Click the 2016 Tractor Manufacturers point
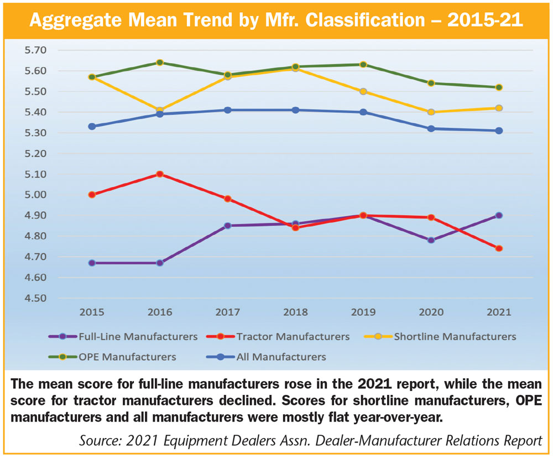(159, 174)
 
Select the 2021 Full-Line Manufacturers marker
(499, 215)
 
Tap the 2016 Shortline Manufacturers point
(159, 110)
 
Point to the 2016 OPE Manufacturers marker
(159, 63)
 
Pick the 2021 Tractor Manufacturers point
(499, 248)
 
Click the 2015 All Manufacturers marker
(91, 126)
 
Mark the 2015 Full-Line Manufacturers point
(91, 263)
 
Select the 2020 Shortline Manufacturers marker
(431, 112)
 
